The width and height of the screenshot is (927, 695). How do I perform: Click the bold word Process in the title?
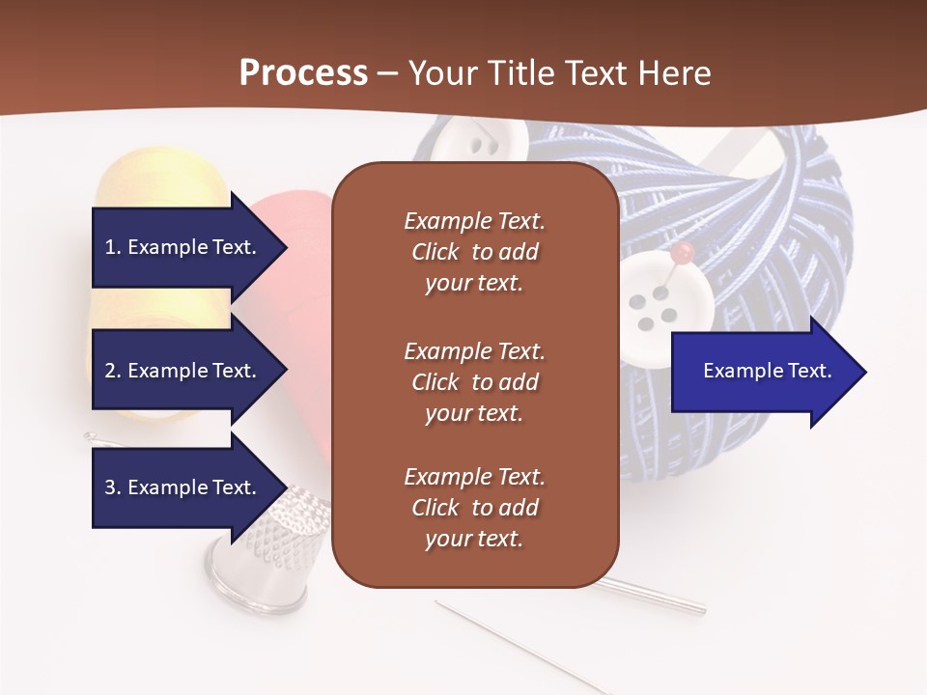pos(303,72)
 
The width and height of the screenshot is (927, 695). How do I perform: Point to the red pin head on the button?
pos(683,253)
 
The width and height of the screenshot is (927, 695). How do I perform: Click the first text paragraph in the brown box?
pos(474,252)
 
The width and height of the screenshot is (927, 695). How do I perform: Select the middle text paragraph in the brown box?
pos(474,382)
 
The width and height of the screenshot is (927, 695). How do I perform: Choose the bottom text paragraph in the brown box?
pos(474,508)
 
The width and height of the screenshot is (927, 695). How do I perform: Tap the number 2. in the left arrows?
pos(113,371)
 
